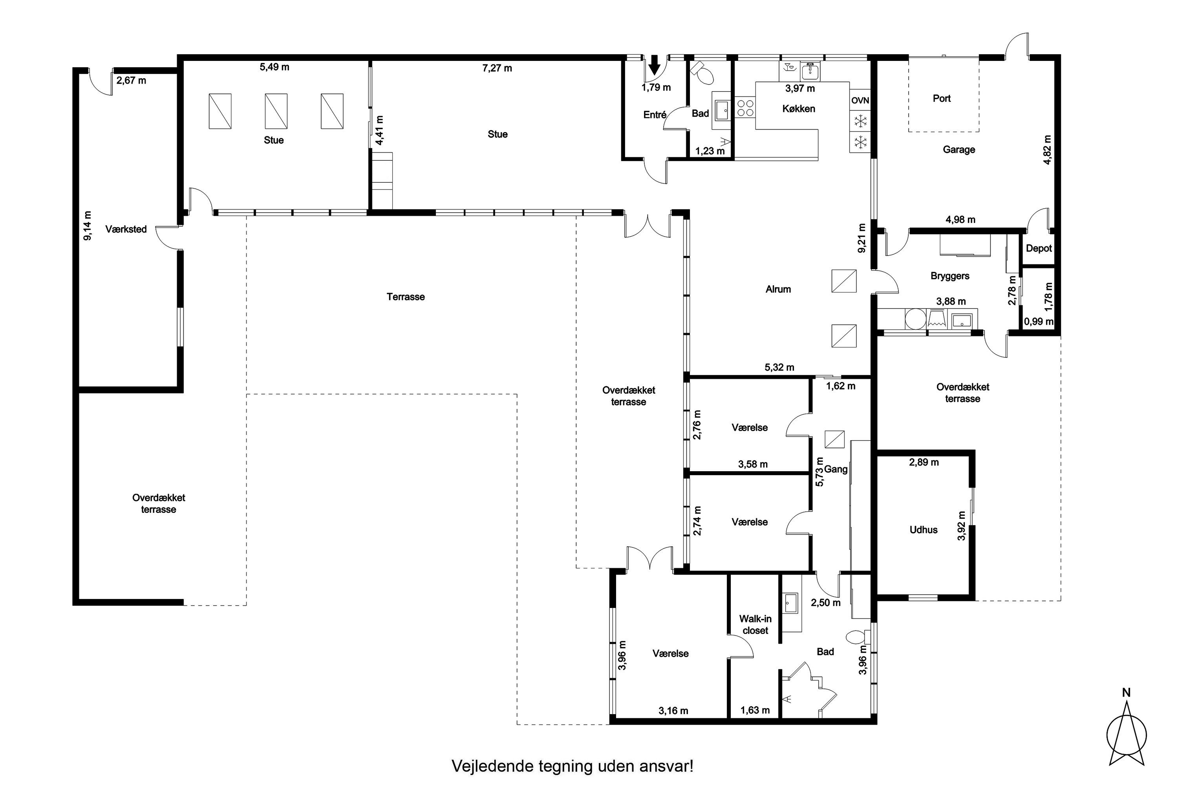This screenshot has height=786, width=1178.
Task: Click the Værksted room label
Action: click(x=126, y=230)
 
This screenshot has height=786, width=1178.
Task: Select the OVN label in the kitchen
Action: click(x=860, y=101)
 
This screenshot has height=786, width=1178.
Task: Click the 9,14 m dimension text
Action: click(x=88, y=226)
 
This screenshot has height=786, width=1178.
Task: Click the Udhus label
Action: click(x=924, y=530)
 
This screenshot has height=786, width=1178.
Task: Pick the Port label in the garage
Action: click(x=942, y=99)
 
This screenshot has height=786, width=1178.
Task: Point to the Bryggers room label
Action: click(x=949, y=276)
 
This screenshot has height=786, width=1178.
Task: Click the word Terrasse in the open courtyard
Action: click(x=406, y=297)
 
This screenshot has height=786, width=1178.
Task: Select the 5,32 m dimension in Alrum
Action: click(x=779, y=367)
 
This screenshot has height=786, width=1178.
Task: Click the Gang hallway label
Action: click(x=836, y=469)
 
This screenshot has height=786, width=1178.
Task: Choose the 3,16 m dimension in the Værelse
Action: click(x=673, y=711)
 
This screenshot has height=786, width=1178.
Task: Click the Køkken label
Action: click(x=799, y=109)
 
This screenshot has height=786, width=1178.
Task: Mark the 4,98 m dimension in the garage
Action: click(x=960, y=220)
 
